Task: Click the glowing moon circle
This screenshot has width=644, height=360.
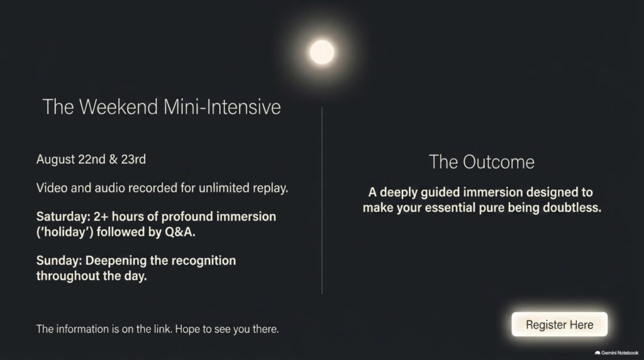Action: pyautogui.click(x=321, y=52)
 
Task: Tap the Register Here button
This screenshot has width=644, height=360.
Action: pyautogui.click(x=559, y=324)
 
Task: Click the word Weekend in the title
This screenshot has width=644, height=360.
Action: pyautogui.click(x=118, y=107)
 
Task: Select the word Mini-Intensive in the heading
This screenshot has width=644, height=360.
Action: pyautogui.click(x=222, y=107)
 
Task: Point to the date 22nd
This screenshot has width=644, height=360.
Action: pyautogui.click(x=92, y=159)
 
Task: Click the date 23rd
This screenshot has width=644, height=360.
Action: pyautogui.click(x=133, y=159)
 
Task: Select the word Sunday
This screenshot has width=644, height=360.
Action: pyautogui.click(x=59, y=261)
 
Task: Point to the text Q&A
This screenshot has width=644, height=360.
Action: pyautogui.click(x=180, y=232)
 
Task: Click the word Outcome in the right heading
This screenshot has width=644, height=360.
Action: pyautogui.click(x=499, y=162)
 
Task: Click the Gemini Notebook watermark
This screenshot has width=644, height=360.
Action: pyautogui.click(x=616, y=352)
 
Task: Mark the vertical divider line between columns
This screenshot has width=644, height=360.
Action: pyautogui.click(x=321, y=201)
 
